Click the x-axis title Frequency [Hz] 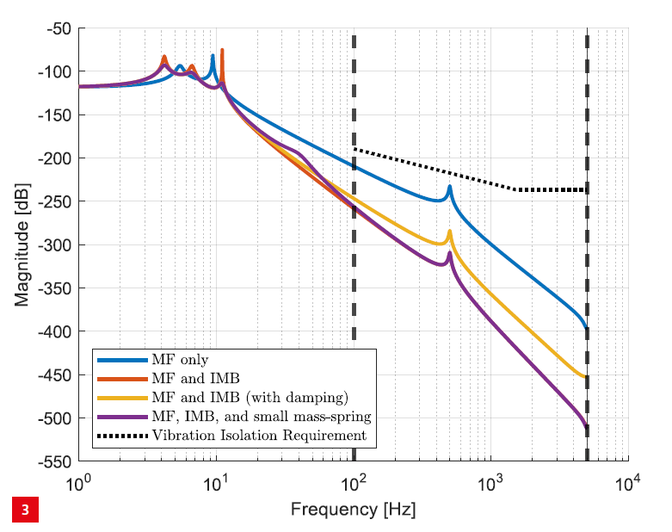pos(353,510)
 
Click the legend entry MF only pos(180,360)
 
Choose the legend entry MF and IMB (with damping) pos(250,398)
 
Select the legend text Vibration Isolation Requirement pos(259,436)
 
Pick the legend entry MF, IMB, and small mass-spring pos(261,417)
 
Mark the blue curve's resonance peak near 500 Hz pos(449,188)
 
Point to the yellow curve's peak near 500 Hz pos(449,232)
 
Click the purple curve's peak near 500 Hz pos(449,253)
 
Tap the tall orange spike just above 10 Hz pos(222,51)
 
